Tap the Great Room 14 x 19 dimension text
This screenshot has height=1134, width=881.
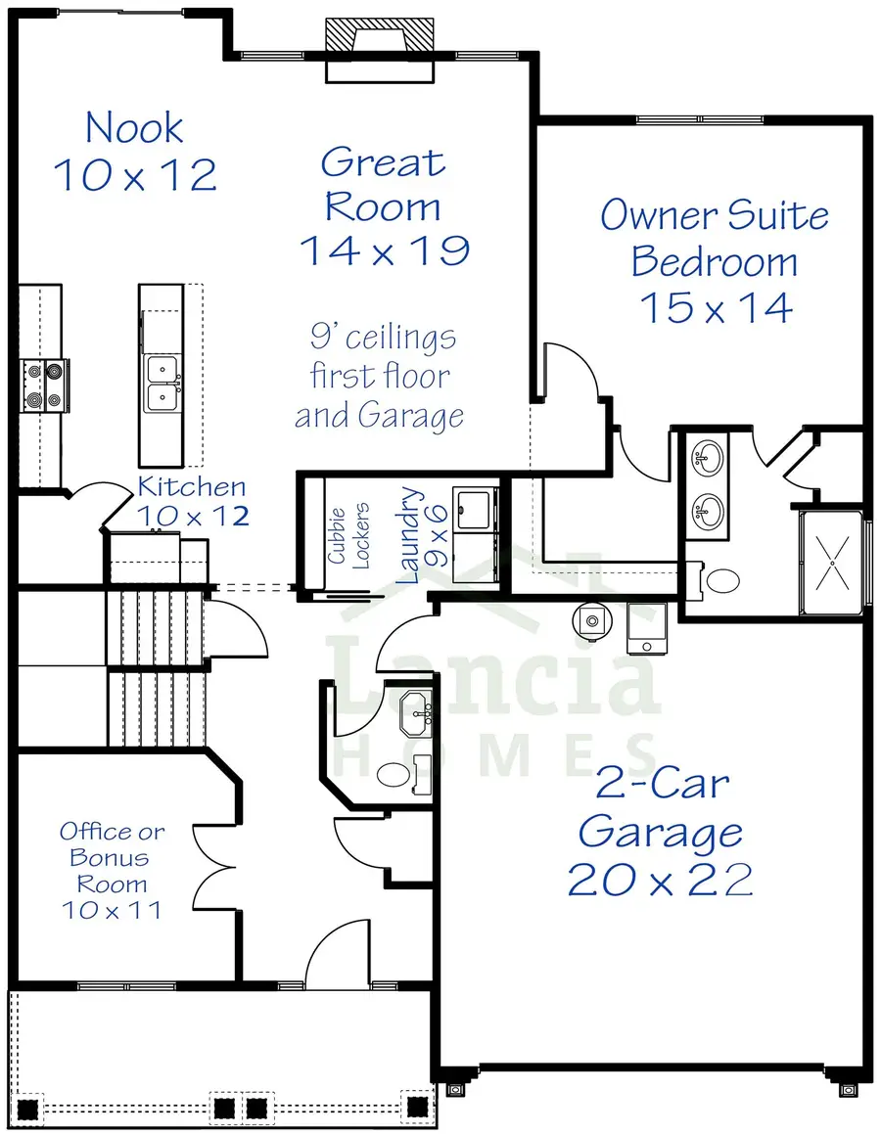pyautogui.click(x=384, y=250)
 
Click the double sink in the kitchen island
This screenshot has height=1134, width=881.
pyautogui.click(x=162, y=383)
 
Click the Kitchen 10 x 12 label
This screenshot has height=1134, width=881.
pyautogui.click(x=192, y=501)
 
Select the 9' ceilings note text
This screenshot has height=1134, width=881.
pyautogui.click(x=381, y=377)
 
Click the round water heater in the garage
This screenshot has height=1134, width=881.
pyautogui.click(x=590, y=618)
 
